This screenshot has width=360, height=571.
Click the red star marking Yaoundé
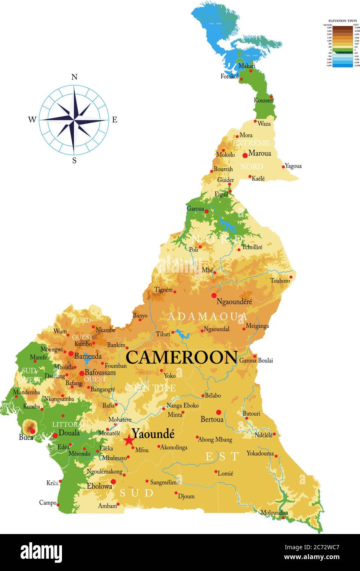pos(129,440)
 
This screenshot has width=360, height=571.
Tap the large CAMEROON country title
pos(181,357)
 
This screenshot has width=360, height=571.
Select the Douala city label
pos(69,433)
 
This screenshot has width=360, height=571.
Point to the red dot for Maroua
pos(245,155)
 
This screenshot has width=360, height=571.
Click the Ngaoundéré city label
pos(234,302)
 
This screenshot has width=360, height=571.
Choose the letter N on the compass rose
pos(74,77)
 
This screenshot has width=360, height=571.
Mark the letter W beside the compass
pos(32,120)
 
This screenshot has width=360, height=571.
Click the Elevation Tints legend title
pos(342,20)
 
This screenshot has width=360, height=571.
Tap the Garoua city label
pos(195,209)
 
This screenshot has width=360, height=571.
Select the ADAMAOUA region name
pos(208,317)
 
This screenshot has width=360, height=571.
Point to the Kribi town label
pos(52,483)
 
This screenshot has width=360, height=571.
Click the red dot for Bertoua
pos(219,412)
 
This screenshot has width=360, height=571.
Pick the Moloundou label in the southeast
pos(274,512)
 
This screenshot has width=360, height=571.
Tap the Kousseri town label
pos(264,100)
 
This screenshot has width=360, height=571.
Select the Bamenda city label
pos(88,356)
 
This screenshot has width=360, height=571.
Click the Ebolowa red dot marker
pos(113,481)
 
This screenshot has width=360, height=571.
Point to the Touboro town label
pos(280,281)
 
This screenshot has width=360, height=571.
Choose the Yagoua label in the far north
pos(293,166)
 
